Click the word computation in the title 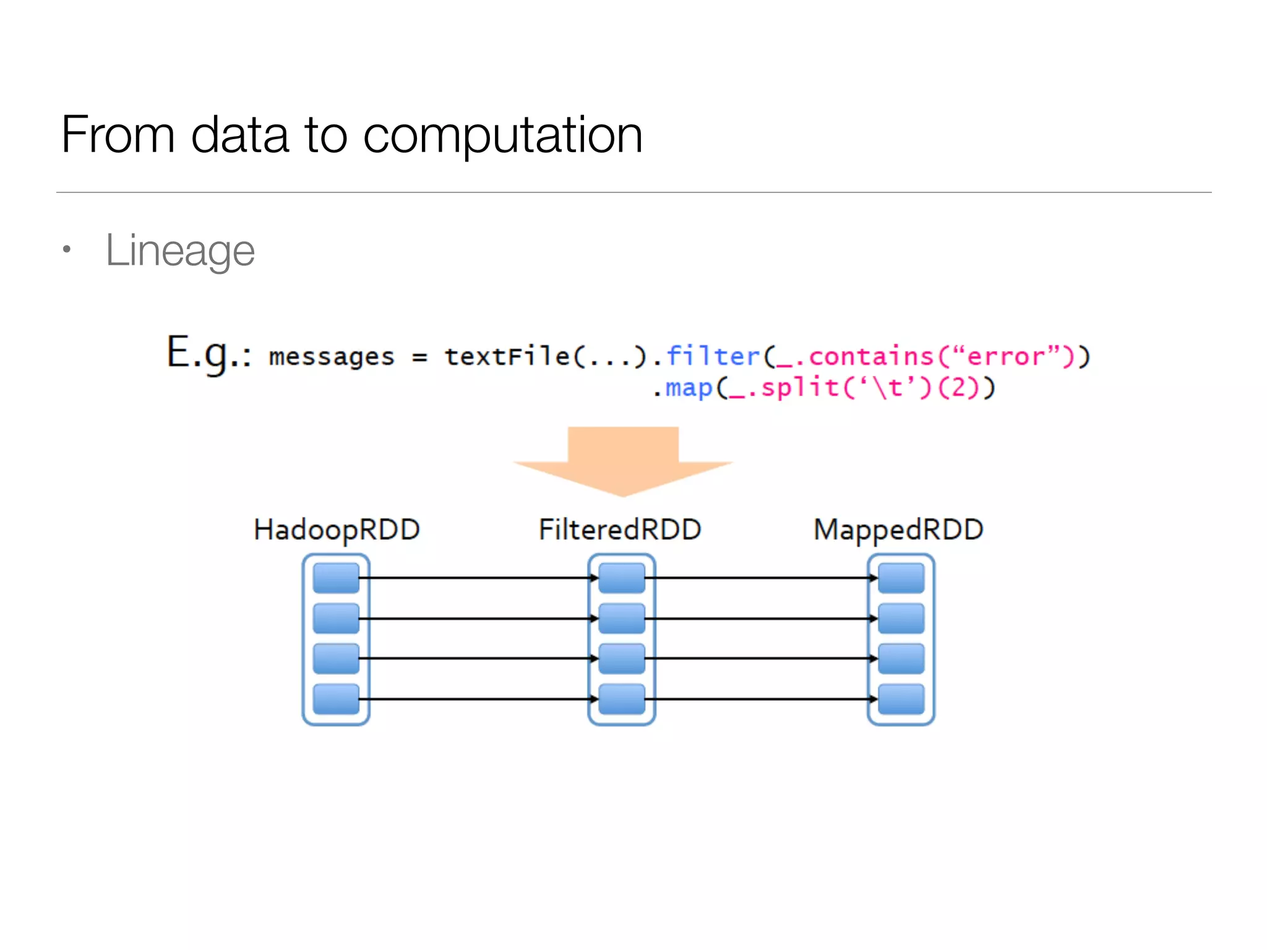(x=502, y=136)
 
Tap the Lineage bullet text (x=180, y=250)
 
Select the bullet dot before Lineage (x=67, y=250)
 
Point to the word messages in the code (x=332, y=357)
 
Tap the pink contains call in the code (x=871, y=356)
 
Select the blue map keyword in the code (x=689, y=388)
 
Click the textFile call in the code (x=507, y=356)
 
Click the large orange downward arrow (x=623, y=461)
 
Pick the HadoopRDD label (x=337, y=530)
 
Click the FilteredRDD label (x=620, y=530)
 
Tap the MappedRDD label (x=898, y=530)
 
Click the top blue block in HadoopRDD (x=336, y=578)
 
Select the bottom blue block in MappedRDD (x=901, y=699)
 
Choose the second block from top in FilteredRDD (x=622, y=618)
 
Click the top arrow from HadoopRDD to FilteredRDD (x=476, y=578)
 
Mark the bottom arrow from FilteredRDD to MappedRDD (x=761, y=699)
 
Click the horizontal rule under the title (x=633, y=192)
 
